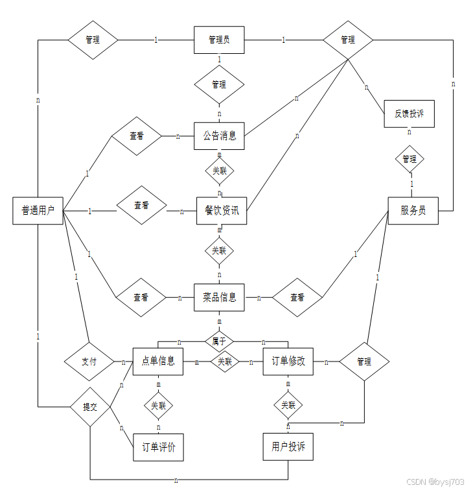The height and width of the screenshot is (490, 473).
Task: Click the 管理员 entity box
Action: (x=219, y=40)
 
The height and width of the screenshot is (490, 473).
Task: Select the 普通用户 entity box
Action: (x=38, y=210)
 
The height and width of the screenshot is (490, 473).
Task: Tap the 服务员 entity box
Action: (x=413, y=210)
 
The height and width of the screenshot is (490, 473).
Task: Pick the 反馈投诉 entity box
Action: (x=409, y=114)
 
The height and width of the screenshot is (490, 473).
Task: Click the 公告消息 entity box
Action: (x=219, y=136)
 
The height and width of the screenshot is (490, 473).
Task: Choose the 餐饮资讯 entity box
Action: (x=222, y=210)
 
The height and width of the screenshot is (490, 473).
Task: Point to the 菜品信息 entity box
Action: (x=219, y=298)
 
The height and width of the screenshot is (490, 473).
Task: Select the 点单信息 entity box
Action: (x=158, y=361)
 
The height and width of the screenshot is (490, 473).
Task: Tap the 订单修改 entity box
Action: (x=288, y=361)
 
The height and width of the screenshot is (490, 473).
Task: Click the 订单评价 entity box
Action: (x=158, y=447)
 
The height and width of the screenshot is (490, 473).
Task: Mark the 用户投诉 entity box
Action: (x=288, y=447)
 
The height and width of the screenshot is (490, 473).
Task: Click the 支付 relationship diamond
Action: (x=89, y=361)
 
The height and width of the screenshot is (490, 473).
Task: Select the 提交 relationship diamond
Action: (x=90, y=407)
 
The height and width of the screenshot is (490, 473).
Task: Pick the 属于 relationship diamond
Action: (x=219, y=339)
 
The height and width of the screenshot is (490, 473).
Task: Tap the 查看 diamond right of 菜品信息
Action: (x=297, y=298)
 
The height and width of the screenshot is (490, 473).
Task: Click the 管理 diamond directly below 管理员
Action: (x=219, y=84)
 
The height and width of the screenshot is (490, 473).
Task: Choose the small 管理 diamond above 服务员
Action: (x=409, y=159)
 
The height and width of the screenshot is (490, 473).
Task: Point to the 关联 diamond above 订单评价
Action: (x=158, y=406)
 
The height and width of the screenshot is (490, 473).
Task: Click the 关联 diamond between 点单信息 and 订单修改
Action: (x=224, y=361)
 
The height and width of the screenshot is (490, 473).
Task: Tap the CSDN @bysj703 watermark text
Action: (x=435, y=482)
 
